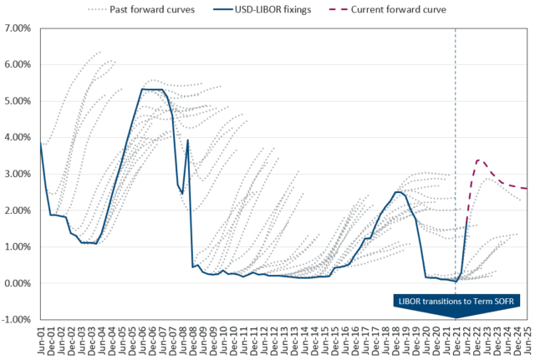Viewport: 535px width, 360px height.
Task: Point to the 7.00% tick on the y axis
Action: (18, 28)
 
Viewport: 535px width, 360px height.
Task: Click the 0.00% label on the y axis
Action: (18, 283)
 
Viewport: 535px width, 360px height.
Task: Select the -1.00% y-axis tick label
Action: (18, 320)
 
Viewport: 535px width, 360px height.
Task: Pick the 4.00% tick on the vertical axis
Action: (18, 137)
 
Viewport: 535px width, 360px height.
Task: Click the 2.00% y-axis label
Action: (18, 210)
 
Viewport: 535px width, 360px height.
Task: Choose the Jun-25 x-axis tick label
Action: (527, 341)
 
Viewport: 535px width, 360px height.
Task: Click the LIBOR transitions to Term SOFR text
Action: (455, 299)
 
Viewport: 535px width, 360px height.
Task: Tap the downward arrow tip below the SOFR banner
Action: (455, 317)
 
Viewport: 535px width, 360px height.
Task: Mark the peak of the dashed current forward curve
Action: (479, 160)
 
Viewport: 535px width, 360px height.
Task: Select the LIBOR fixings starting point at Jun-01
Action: (41, 143)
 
